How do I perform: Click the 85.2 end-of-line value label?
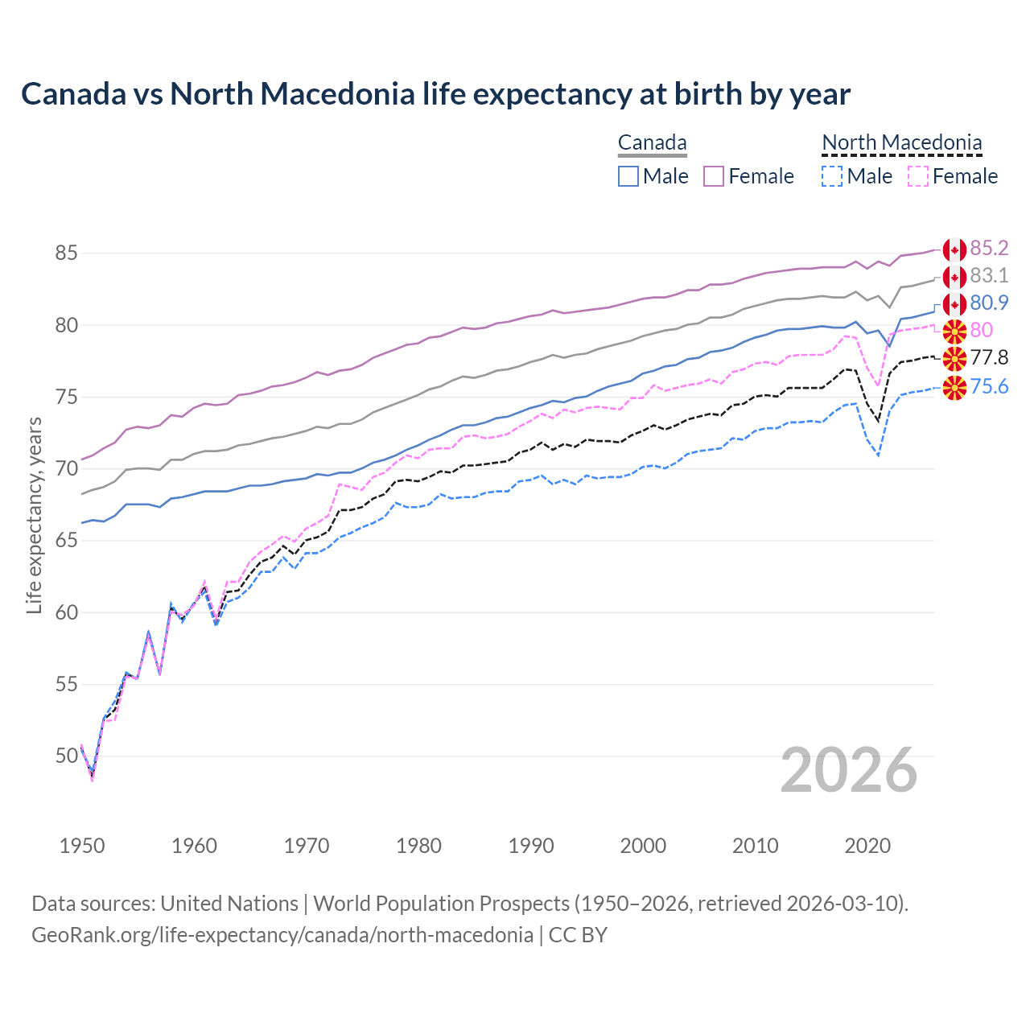point(989,248)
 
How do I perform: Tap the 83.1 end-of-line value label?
point(989,275)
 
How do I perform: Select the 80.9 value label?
point(989,303)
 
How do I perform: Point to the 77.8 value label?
point(989,357)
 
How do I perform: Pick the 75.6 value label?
point(989,386)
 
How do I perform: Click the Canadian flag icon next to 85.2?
point(954,249)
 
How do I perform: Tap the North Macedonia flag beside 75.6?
point(954,388)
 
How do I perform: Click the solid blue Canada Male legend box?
point(628,176)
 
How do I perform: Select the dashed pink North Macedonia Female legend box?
point(918,176)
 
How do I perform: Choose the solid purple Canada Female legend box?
point(714,176)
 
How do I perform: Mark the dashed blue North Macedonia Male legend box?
point(832,176)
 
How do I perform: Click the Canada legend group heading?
point(652,143)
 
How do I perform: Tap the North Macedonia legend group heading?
point(901,143)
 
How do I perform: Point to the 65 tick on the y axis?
point(66,540)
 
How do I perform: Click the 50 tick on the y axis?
point(66,756)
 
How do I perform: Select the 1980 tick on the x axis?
point(418,846)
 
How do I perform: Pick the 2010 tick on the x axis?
point(755,846)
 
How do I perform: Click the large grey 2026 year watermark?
point(849,770)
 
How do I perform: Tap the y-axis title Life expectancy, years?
point(34,515)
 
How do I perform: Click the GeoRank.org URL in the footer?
point(282,935)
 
